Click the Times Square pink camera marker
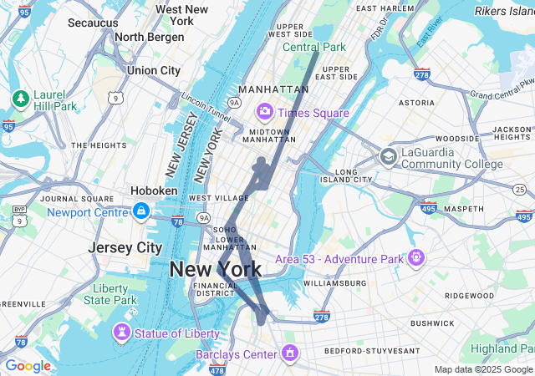265,111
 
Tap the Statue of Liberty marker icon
123,333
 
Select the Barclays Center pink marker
289,353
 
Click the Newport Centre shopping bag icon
141,211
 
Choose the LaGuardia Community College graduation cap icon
388,156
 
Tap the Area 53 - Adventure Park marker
415,257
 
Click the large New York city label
216,269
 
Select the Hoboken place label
154,191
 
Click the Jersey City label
125,247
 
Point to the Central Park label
313,47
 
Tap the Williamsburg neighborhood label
334,283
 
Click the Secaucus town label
93,23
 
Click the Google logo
28,366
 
